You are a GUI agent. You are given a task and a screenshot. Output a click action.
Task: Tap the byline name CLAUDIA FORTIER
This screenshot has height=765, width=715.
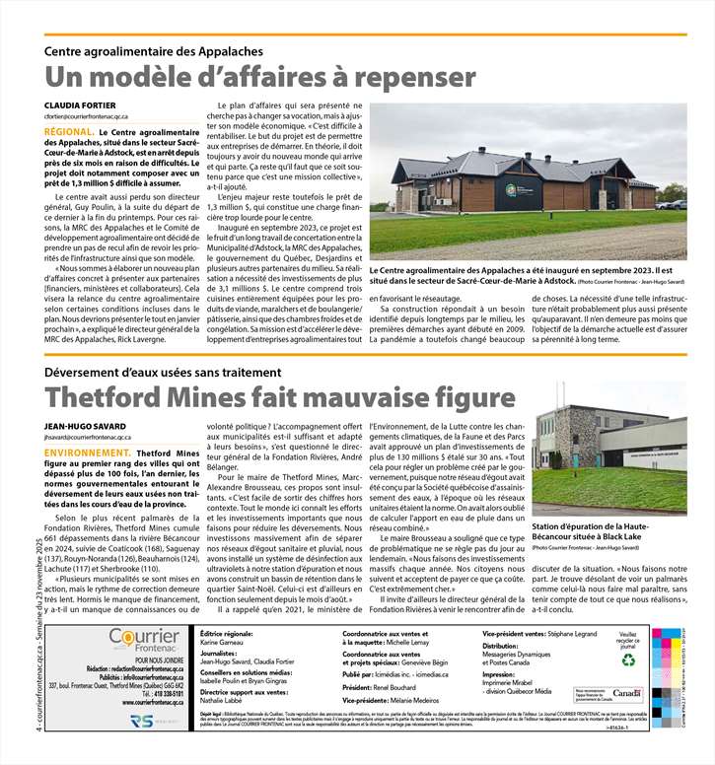click(x=78, y=104)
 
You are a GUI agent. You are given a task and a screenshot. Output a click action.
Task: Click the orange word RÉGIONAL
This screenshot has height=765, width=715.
click(x=69, y=132)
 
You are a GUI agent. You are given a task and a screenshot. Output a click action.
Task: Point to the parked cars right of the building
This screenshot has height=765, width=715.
click(x=673, y=204)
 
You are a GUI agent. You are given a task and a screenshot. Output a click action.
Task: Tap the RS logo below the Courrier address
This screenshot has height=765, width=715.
click(x=142, y=723)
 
